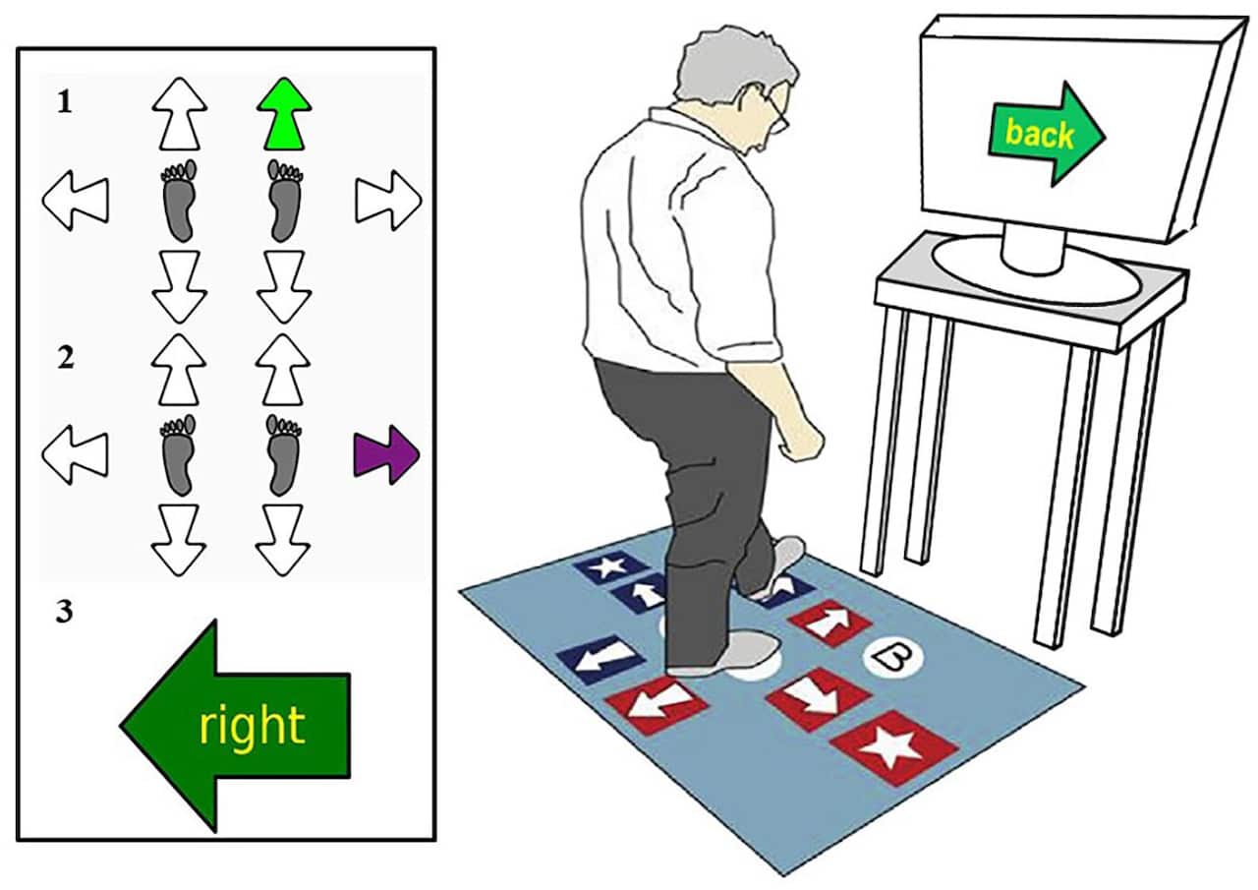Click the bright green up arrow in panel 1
coord(284,114)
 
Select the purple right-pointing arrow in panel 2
coord(386,454)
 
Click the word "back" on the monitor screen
coord(1040,134)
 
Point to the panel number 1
coord(65,103)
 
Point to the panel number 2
coord(66,358)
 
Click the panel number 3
coord(65,613)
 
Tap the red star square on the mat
coord(894,748)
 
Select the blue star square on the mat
coord(610,566)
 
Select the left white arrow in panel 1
coord(76,200)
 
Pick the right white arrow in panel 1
coord(388,200)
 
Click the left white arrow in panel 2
coord(76,454)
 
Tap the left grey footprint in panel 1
coord(179,200)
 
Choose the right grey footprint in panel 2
coord(284,454)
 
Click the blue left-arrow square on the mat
coord(600,660)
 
